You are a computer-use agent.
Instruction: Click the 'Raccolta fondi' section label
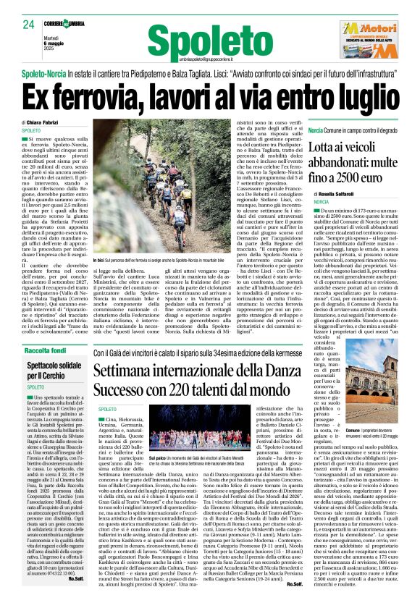(x=46, y=350)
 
